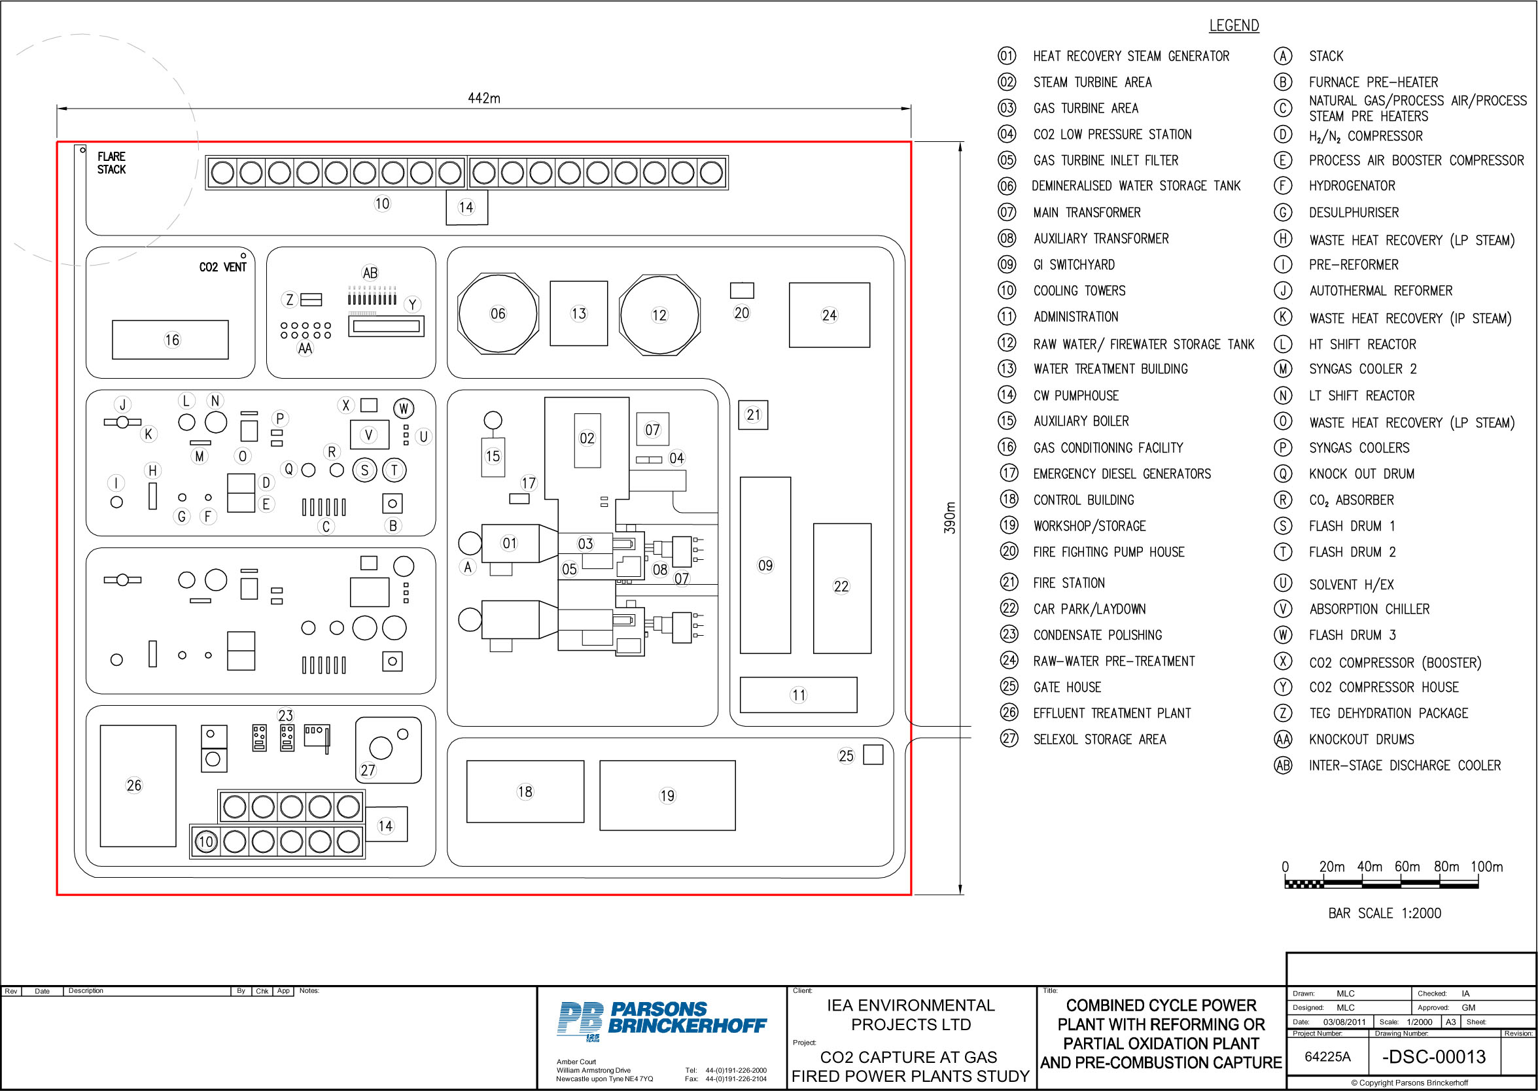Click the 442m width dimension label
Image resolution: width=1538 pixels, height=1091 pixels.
(484, 98)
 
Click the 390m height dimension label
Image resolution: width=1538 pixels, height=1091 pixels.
(949, 517)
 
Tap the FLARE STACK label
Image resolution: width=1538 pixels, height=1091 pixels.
(111, 163)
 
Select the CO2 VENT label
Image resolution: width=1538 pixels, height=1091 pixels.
(222, 267)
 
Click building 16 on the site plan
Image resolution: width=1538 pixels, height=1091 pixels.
(170, 340)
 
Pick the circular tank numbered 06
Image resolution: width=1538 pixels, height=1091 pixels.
(498, 314)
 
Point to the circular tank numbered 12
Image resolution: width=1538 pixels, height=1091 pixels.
(659, 315)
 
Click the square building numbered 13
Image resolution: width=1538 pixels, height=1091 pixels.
(578, 314)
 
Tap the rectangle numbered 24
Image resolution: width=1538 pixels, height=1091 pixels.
(829, 315)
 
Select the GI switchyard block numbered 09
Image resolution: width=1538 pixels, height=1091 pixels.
(765, 565)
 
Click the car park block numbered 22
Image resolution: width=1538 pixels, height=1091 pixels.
(842, 589)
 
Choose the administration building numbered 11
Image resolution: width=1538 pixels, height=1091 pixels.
(798, 695)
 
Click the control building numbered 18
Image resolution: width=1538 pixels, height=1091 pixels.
(525, 791)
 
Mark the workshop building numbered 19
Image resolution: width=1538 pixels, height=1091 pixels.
(667, 795)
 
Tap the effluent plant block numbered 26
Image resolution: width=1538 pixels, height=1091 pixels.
(138, 786)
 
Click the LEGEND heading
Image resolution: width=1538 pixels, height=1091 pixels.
(1234, 26)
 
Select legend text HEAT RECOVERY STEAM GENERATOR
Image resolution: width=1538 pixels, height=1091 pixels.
(1131, 56)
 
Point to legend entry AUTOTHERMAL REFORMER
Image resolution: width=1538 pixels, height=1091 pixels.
(1380, 291)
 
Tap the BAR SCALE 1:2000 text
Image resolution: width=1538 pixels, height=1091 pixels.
(1384, 913)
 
